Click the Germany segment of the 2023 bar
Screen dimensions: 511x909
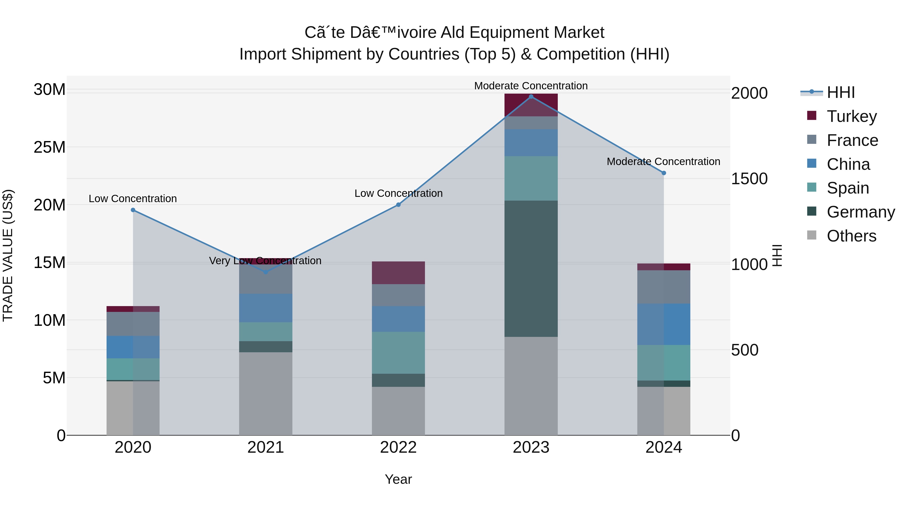coord(531,268)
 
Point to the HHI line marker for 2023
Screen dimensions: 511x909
coord(531,97)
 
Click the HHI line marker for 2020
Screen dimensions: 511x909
coord(133,210)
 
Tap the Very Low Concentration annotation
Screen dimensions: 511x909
coord(265,261)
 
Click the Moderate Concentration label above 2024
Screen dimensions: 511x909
coord(663,162)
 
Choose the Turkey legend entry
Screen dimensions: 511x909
coord(851,116)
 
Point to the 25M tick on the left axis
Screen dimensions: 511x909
coord(49,147)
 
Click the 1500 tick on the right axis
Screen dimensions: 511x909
coord(749,179)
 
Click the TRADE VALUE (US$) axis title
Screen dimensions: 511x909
coord(8,255)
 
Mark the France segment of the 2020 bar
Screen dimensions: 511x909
coord(133,324)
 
